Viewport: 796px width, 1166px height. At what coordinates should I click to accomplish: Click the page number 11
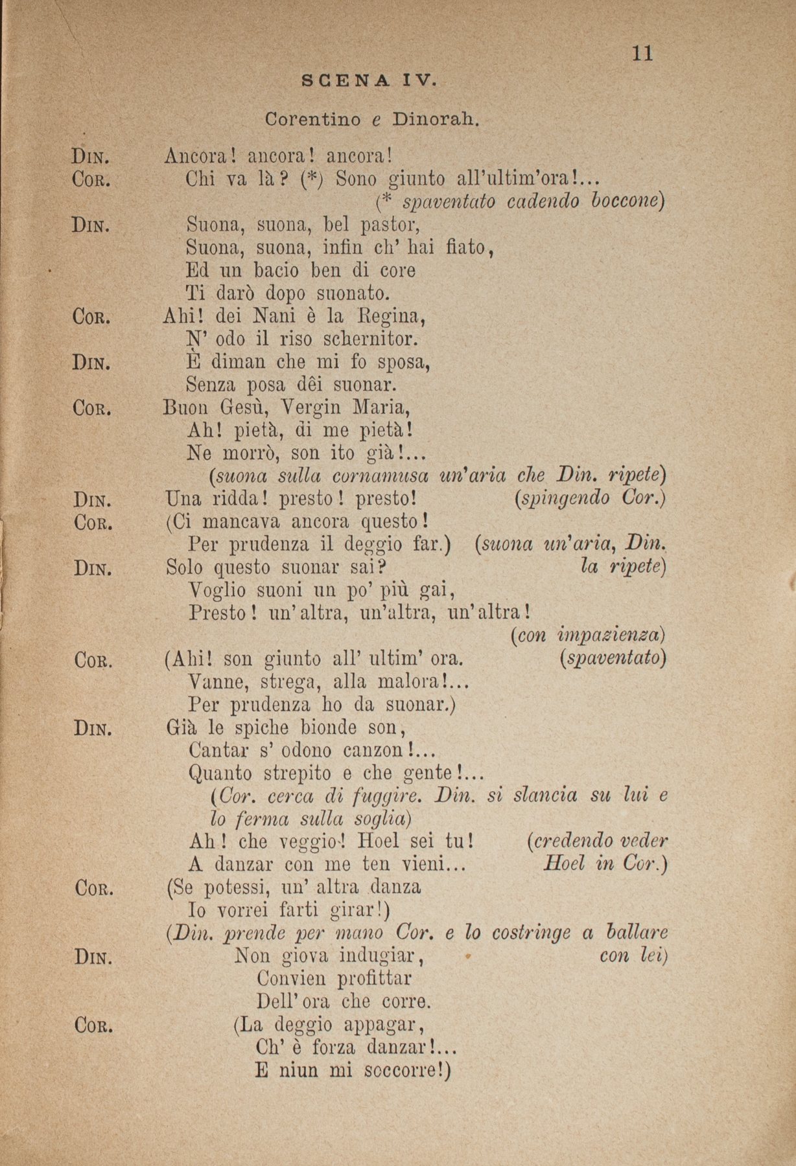click(x=642, y=53)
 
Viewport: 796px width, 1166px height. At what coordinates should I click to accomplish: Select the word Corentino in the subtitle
click(x=314, y=120)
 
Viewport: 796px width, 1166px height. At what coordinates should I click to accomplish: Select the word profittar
click(x=334, y=977)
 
